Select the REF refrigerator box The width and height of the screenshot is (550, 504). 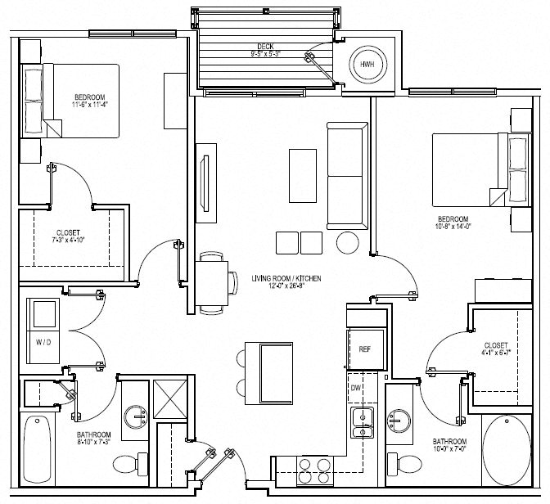point(365,348)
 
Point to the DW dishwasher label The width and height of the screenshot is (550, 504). point(356,387)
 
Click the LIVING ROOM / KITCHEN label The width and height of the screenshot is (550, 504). point(286,279)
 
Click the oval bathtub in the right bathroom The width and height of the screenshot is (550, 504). point(507,451)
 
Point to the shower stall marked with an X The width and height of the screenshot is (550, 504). point(169,400)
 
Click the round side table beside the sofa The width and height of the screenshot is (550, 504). point(348,243)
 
